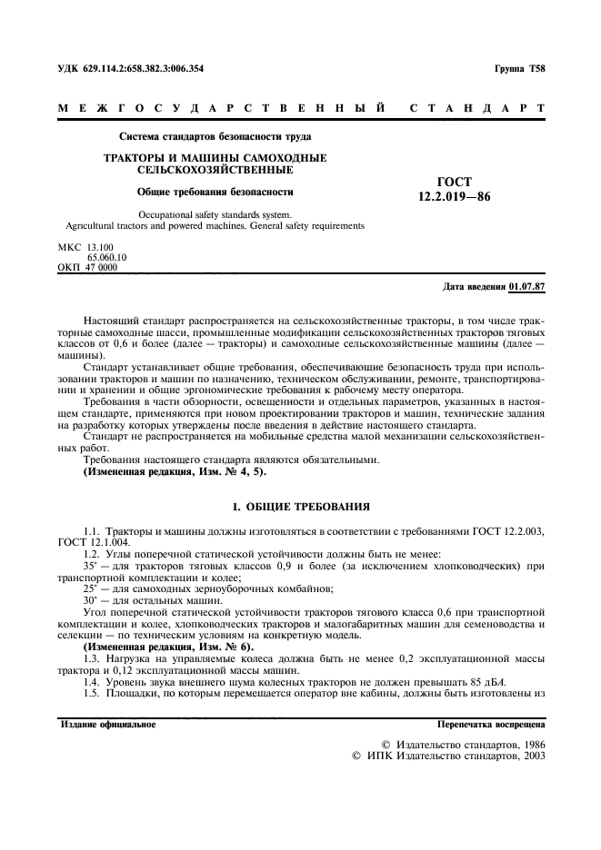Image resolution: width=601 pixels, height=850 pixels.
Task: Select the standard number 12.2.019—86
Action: coord(454,195)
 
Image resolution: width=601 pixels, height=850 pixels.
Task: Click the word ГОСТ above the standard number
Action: coord(454,182)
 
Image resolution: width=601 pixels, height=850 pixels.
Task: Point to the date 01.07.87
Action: coord(527,286)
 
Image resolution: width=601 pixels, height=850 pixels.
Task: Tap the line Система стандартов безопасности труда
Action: coord(215,137)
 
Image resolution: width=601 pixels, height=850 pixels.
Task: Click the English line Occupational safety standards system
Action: coord(215,215)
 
